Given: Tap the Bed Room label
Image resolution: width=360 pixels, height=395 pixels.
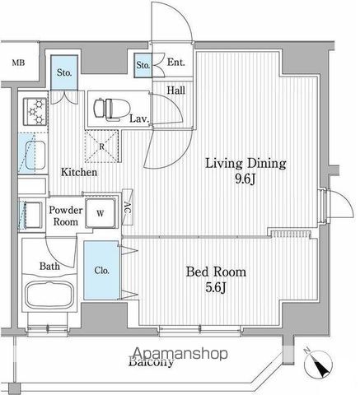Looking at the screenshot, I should [x=216, y=271].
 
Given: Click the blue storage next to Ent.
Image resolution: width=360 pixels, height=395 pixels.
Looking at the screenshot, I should [x=142, y=64].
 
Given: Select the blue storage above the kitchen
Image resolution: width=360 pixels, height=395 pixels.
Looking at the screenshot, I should [x=63, y=72].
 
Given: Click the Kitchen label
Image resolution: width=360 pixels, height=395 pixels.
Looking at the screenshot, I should [x=78, y=174].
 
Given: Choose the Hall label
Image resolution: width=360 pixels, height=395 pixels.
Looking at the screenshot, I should [x=175, y=91].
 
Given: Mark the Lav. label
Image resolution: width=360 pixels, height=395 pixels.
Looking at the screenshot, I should [x=138, y=118].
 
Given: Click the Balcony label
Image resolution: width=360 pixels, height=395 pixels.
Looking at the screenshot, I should [x=151, y=361].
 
